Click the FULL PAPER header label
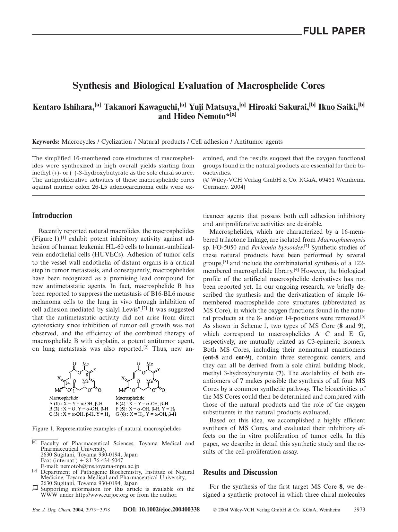click(x=334, y=31)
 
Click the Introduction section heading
click(x=52, y=216)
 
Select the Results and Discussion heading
click(x=240, y=472)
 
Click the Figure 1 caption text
click(x=106, y=428)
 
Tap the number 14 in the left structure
click(x=68, y=383)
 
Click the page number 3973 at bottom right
click(x=359, y=510)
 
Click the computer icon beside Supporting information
click(x=35, y=489)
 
